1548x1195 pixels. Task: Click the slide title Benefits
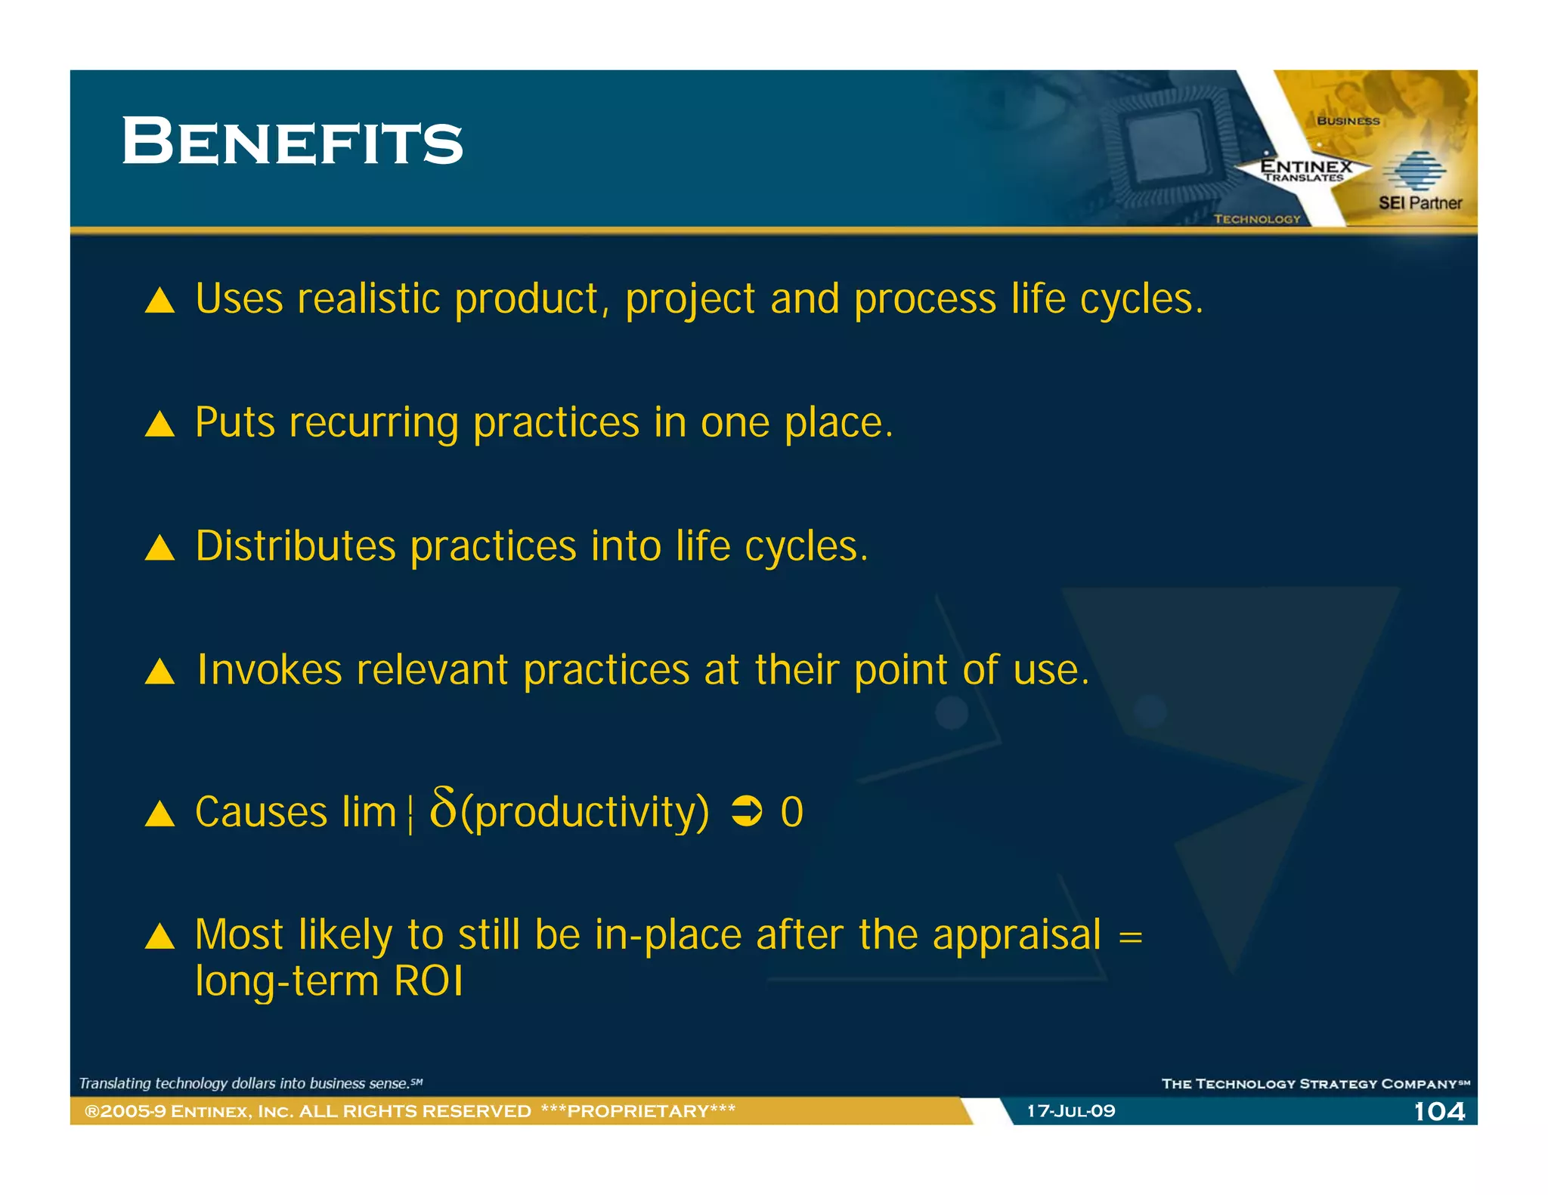pos(292,142)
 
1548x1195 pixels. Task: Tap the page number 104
pos(1438,1111)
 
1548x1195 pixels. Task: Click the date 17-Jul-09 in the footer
pos(1070,1111)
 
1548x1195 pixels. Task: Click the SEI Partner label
pos(1420,203)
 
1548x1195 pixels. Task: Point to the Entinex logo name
pos(1306,166)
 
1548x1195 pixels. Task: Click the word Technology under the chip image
pos(1257,219)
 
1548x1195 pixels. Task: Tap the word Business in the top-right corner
pos(1348,121)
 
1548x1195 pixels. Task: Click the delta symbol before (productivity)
pos(443,808)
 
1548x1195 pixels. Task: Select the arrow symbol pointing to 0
pos(746,812)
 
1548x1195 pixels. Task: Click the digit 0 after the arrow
pos(791,813)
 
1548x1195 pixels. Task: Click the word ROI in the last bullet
pos(428,981)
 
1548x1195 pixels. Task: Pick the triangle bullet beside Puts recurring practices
pos(159,424)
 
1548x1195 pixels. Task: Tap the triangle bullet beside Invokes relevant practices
pos(159,671)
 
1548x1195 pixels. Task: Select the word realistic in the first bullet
pos(368,299)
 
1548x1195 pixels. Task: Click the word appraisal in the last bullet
pos(1017,935)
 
